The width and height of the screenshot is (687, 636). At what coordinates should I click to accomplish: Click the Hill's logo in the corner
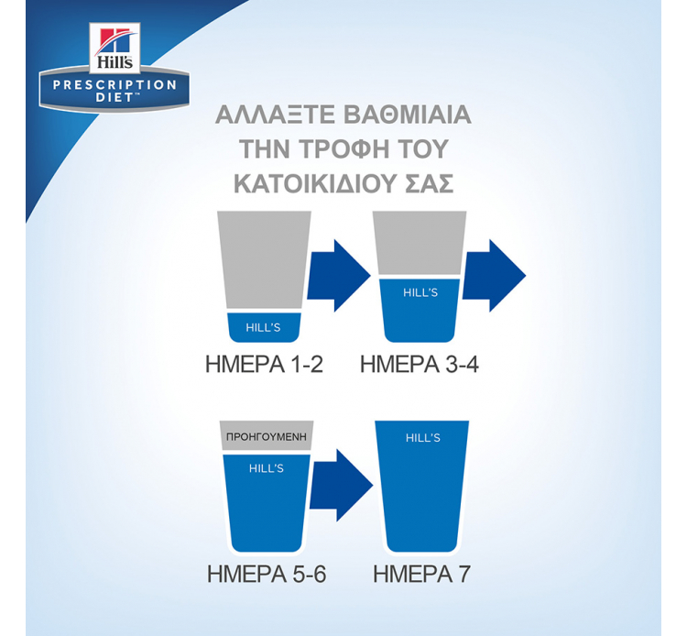pyautogui.click(x=114, y=48)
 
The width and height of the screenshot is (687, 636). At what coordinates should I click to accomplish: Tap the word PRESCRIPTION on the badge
pyautogui.click(x=114, y=84)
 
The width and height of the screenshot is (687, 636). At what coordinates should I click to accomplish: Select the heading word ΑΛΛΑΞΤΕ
pyautogui.click(x=275, y=115)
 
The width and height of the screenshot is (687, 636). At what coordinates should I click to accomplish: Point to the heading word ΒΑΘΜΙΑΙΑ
pyautogui.click(x=407, y=115)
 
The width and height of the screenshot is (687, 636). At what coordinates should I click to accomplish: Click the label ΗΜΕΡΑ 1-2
pyautogui.click(x=264, y=364)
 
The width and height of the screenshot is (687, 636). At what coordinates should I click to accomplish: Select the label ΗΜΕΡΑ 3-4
pyautogui.click(x=420, y=364)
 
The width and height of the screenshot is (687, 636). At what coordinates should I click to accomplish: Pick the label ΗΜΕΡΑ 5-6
pyautogui.click(x=267, y=574)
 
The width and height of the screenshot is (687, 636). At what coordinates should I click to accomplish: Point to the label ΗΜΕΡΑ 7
pyautogui.click(x=421, y=574)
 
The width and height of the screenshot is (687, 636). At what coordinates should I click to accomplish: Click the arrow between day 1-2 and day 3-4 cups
pyautogui.click(x=339, y=276)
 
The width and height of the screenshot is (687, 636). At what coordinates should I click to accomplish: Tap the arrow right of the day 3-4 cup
pyautogui.click(x=494, y=276)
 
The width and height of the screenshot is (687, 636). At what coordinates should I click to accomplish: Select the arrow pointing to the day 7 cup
pyautogui.click(x=342, y=485)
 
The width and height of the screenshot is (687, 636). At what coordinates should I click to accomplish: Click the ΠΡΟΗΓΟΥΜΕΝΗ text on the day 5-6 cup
pyautogui.click(x=267, y=437)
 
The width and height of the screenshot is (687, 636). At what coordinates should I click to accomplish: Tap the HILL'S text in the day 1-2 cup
pyautogui.click(x=263, y=327)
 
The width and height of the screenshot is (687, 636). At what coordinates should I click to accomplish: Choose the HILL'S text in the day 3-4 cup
pyautogui.click(x=420, y=292)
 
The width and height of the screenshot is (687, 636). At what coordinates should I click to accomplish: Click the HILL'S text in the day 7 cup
pyautogui.click(x=423, y=438)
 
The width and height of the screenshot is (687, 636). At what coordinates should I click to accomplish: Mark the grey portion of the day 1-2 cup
pyautogui.click(x=264, y=261)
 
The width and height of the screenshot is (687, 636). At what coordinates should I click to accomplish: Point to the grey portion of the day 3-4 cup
pyautogui.click(x=420, y=243)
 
